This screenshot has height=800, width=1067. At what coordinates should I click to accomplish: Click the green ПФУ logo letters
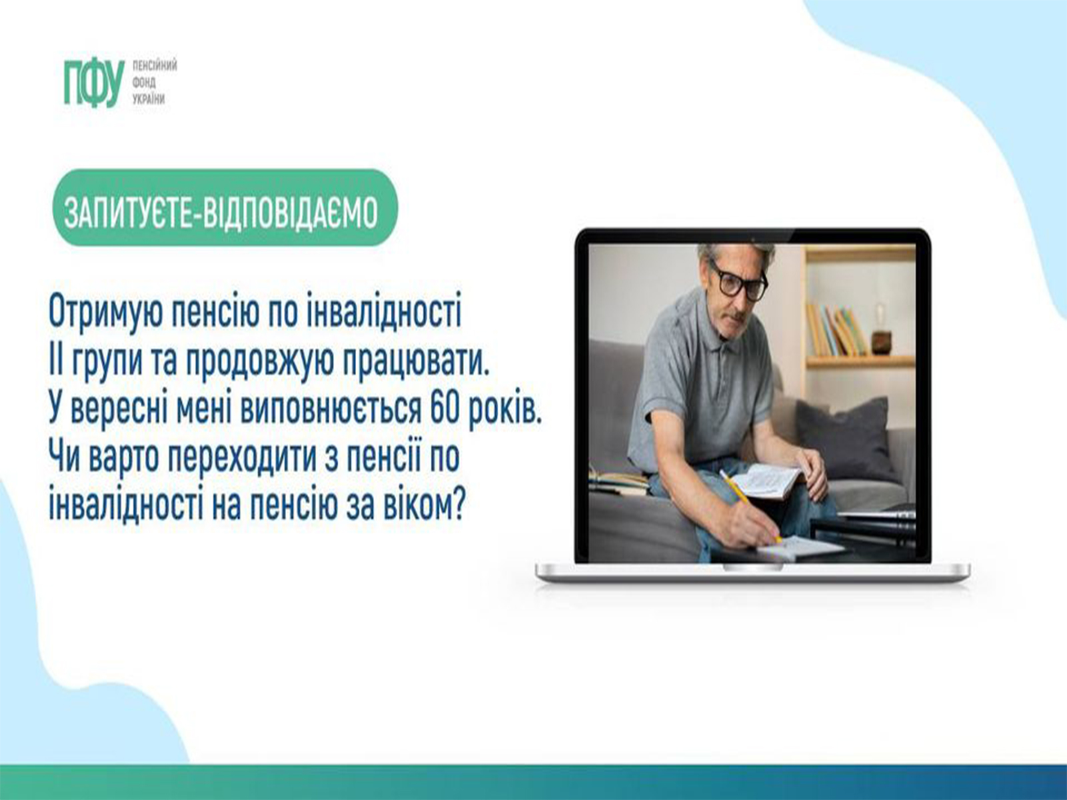[x=95, y=83]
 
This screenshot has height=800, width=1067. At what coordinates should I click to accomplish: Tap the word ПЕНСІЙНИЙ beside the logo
[x=155, y=65]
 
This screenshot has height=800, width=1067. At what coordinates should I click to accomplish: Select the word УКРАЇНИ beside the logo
[x=149, y=99]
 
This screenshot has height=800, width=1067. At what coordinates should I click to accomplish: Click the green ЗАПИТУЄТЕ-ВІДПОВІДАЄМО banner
[x=225, y=207]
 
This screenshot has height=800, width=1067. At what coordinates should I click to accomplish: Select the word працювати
[x=415, y=363]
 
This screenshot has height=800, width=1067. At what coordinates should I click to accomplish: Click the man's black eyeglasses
[x=740, y=280]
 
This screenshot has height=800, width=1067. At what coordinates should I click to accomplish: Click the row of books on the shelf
[x=836, y=330]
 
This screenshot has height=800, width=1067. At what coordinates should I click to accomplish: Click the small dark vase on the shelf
[x=880, y=339]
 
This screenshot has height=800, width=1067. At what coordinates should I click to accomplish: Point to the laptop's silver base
[x=752, y=572]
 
